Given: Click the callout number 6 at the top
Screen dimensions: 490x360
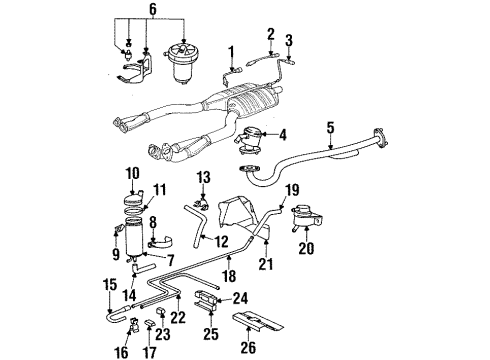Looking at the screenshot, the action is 152,9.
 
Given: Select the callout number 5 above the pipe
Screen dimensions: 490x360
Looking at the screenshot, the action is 330,128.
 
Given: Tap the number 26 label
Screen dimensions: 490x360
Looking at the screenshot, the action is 248,347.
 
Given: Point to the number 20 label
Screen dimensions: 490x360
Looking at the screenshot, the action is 306,248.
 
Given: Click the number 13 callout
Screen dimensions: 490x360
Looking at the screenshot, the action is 203,177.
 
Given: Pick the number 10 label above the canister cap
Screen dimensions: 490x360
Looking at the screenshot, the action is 132,174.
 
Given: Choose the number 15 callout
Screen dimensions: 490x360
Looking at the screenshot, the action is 110,285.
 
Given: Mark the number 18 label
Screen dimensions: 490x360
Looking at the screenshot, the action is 229,276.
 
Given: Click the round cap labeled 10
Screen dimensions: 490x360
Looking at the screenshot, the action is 134,199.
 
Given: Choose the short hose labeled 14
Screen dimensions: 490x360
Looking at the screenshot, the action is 143,267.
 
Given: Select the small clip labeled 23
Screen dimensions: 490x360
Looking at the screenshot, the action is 161,311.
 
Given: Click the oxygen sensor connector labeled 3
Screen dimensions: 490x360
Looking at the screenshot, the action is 289,60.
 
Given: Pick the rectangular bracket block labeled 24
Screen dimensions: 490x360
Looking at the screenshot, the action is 206,296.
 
